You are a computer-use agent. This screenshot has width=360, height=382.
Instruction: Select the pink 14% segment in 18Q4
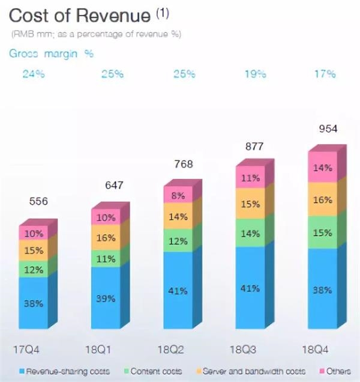click(x=323, y=169)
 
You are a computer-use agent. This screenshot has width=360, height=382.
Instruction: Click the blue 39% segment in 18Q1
click(x=107, y=298)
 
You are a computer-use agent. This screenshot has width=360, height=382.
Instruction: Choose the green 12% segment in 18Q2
click(x=178, y=241)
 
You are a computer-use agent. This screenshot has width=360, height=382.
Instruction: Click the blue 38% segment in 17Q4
click(x=34, y=303)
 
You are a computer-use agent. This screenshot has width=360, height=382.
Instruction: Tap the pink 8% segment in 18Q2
click(x=178, y=195)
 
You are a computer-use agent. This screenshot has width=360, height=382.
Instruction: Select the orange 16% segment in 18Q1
click(x=107, y=238)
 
